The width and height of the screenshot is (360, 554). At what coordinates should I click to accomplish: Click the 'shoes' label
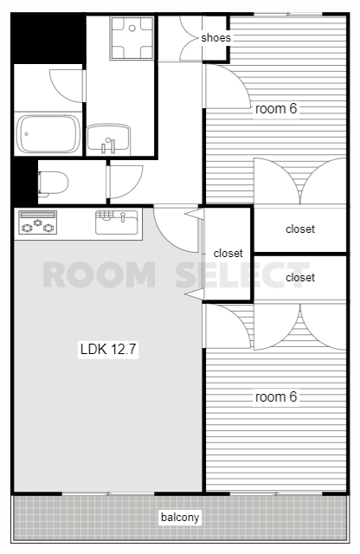point(215,37)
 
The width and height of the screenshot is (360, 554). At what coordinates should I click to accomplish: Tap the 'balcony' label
point(180,518)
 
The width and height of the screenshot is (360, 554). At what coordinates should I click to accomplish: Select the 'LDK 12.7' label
point(108,349)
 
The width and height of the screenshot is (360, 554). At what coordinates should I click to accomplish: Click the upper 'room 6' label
point(276,109)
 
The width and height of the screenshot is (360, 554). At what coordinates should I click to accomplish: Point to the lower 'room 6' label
point(276,396)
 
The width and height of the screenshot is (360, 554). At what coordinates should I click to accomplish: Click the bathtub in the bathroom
point(48,134)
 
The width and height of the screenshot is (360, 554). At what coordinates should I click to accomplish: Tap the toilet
point(53,183)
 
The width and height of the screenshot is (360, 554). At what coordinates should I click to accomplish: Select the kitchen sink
point(116,222)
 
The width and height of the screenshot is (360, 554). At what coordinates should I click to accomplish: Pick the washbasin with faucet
point(109,138)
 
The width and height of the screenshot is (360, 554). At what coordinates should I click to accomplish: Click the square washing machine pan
point(132,38)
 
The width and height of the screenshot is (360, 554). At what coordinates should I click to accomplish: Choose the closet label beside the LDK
point(228,254)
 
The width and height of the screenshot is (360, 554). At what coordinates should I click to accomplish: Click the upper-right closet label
point(300,229)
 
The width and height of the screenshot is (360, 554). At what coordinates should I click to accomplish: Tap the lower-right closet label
point(300,277)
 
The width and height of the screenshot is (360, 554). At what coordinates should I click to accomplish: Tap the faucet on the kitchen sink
point(123,216)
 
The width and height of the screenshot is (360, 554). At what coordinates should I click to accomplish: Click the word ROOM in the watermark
point(100,274)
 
